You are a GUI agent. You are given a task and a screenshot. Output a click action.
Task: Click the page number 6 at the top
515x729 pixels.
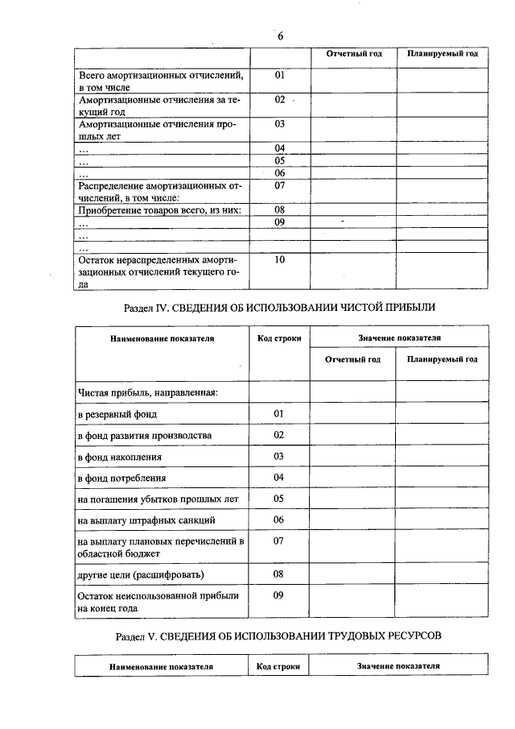point(280,36)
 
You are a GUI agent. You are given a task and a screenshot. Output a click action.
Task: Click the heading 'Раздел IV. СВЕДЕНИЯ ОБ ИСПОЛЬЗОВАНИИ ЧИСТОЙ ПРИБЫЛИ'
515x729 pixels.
point(280,308)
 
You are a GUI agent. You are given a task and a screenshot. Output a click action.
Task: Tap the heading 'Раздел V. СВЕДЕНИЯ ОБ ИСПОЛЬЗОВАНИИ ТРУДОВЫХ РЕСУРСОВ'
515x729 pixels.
point(280,636)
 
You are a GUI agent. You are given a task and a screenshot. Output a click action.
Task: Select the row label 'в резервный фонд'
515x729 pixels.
point(117,414)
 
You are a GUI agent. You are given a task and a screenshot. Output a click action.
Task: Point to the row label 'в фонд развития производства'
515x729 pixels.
point(145,435)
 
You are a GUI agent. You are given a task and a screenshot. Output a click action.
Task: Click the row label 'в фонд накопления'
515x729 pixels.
point(120,457)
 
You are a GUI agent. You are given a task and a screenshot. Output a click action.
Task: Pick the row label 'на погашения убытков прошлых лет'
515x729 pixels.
point(158,499)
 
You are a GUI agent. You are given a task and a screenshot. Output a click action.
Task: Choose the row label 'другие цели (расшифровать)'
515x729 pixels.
point(141,574)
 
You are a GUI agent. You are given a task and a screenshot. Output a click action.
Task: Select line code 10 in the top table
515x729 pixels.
point(280,259)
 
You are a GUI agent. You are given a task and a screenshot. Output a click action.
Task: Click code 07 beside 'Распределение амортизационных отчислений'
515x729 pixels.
point(280,186)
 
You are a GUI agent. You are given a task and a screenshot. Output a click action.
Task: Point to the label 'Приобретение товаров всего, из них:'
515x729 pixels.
point(160,210)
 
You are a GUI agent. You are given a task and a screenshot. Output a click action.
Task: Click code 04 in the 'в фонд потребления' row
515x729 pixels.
point(279,477)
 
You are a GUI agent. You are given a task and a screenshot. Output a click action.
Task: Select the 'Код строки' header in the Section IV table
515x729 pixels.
point(279,338)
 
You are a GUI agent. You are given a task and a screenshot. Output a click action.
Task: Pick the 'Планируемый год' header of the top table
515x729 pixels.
point(442,54)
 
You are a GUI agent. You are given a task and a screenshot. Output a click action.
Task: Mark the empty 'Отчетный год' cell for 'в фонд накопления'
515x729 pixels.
point(352,457)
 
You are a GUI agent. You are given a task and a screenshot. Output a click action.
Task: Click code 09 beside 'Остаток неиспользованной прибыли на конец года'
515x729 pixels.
point(279,595)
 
